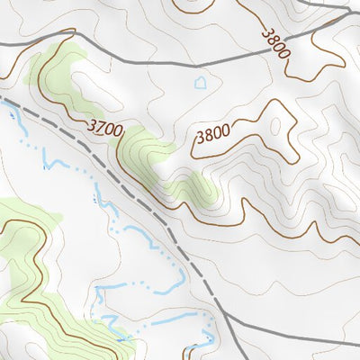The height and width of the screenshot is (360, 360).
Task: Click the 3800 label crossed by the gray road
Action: pyautogui.click(x=276, y=42)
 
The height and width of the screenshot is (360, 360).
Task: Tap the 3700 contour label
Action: pyautogui.click(x=105, y=130)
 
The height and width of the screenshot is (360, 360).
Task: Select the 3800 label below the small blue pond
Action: pyautogui.click(x=212, y=136)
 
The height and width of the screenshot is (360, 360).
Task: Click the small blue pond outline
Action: pyautogui.click(x=201, y=83)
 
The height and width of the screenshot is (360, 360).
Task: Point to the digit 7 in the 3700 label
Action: pyautogui.click(x=100, y=128)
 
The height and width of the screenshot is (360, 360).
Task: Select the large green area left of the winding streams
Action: pyautogui.click(x=27, y=270)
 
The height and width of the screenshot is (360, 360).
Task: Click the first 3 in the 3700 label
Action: pyautogui.click(x=93, y=125)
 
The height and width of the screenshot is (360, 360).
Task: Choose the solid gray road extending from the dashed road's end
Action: pyautogui.click(x=288, y=334)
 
